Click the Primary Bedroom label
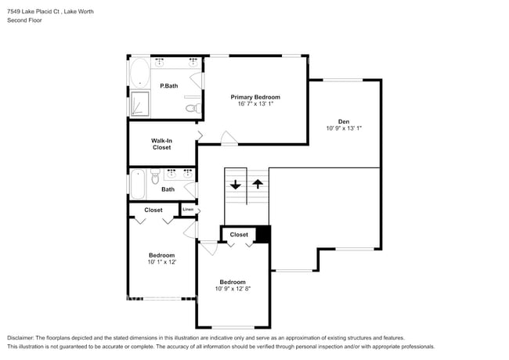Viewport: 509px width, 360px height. [254, 97]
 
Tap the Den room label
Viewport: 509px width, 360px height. [343, 121]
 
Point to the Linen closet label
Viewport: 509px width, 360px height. [187, 209]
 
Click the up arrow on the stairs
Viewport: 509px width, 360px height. [257, 185]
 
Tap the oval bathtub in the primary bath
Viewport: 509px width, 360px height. [139, 74]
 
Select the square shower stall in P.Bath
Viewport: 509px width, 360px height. [140, 103]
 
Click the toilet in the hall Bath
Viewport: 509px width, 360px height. [155, 175]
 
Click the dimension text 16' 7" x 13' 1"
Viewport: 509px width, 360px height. [254, 105]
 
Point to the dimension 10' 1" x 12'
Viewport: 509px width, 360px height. [161, 262]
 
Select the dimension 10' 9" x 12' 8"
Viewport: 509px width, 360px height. [233, 289]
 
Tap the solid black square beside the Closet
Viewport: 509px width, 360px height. [263, 234]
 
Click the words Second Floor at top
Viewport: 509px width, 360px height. [25, 20]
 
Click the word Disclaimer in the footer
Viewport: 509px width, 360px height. [23, 337]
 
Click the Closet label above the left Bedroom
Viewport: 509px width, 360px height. [153, 210]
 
